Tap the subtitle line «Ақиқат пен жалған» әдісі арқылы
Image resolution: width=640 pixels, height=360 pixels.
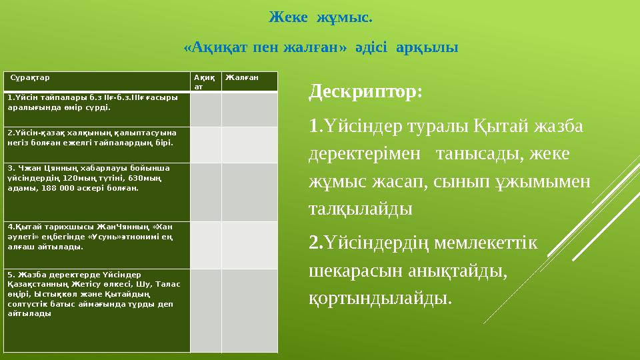pos(320,48)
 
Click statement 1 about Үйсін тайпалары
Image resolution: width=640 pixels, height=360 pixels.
pos(93,102)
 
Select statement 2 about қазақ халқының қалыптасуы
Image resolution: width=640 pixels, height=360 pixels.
pos(93,138)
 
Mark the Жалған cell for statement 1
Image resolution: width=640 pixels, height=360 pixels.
pos(249,109)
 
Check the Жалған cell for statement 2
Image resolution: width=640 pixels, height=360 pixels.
pos(249,145)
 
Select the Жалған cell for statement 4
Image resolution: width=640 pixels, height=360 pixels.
pos(249,245)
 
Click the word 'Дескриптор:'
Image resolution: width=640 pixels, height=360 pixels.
pos(365,91)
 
